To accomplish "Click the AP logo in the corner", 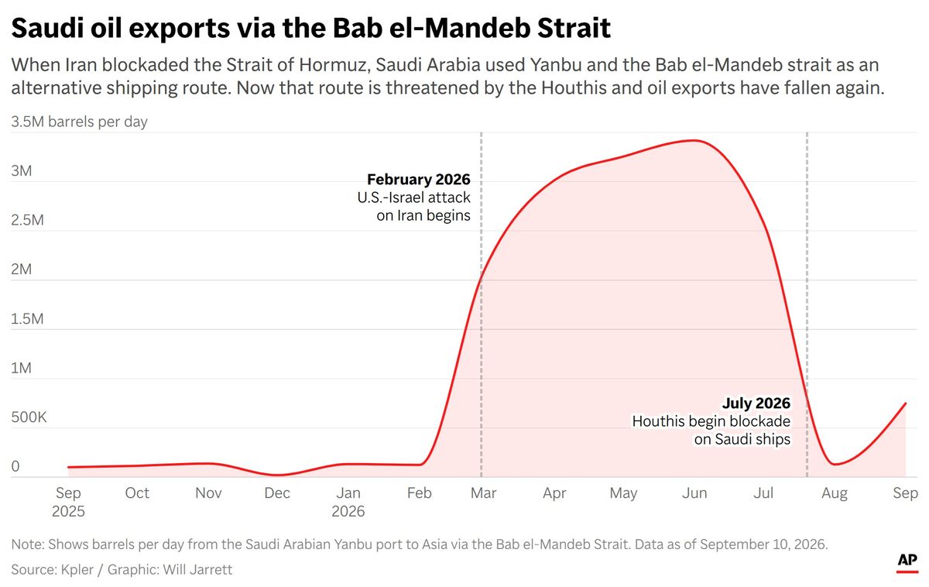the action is tap(907, 563).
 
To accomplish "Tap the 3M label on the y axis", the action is tap(22, 170).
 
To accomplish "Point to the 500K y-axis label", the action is tap(29, 417).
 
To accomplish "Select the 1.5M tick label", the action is tap(27, 318).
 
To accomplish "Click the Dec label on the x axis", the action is tap(277, 493).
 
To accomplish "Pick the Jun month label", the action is tap(694, 493).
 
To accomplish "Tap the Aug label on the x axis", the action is tap(835, 493).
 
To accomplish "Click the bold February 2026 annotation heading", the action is tap(419, 179).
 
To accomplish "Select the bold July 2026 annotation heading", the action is tap(756, 403).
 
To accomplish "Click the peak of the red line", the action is tap(695, 141).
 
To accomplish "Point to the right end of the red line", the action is tap(905, 403).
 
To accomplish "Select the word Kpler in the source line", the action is tap(77, 570).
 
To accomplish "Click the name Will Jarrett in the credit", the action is tap(197, 570).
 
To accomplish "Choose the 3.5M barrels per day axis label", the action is tap(79, 122).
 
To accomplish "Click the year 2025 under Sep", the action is tap(68, 511).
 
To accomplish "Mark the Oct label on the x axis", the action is tap(137, 493).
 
